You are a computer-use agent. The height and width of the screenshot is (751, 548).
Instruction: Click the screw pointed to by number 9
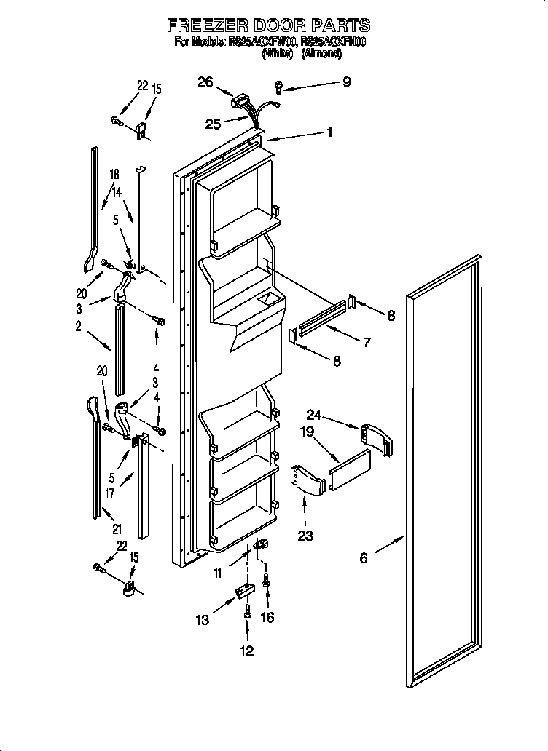coord(278,87)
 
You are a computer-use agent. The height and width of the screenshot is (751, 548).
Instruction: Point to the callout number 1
coord(329,132)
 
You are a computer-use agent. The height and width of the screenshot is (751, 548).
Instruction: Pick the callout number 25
coord(213,124)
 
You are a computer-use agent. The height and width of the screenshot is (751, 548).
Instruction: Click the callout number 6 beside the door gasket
coord(364,558)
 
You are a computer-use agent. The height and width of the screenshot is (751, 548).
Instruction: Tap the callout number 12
coord(247,651)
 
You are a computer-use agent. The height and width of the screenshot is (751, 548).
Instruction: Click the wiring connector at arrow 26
coord(243,100)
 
